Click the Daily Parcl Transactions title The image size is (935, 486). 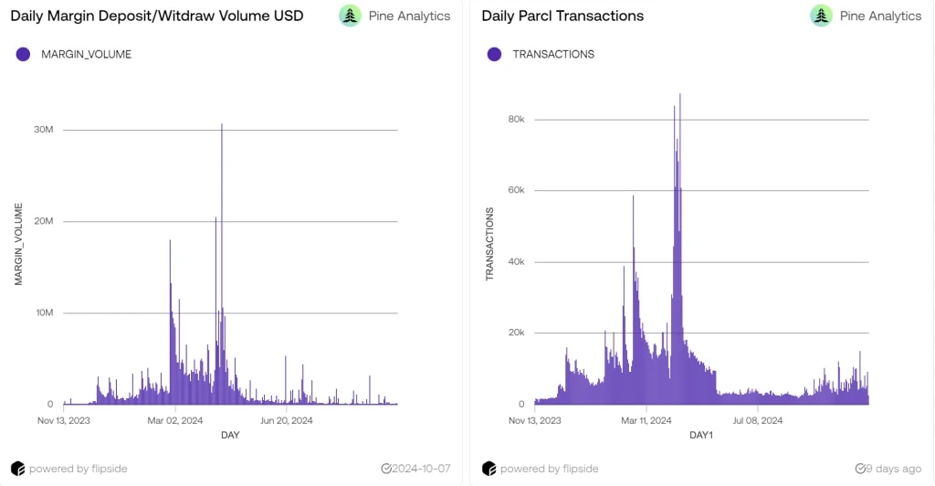pyautogui.click(x=562, y=16)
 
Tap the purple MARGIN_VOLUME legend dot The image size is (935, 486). pyautogui.click(x=24, y=54)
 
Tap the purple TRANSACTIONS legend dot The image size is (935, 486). pyautogui.click(x=494, y=54)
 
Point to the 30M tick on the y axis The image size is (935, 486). pyautogui.click(x=44, y=130)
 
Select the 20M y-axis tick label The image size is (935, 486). pyautogui.click(x=44, y=221)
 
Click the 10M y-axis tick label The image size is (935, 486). pyautogui.click(x=44, y=312)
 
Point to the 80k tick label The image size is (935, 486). pyautogui.click(x=516, y=120)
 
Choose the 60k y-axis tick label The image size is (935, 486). pyautogui.click(x=516, y=191)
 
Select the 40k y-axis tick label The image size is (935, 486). pyautogui.click(x=516, y=262)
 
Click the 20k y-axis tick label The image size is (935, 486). pyautogui.click(x=516, y=333)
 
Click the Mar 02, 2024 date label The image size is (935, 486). pyautogui.click(x=175, y=420)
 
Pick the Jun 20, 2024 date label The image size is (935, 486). pyautogui.click(x=287, y=420)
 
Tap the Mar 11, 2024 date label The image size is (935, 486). pyautogui.click(x=646, y=420)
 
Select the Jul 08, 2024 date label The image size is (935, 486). pyautogui.click(x=758, y=420)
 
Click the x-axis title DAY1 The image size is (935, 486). pyautogui.click(x=701, y=435)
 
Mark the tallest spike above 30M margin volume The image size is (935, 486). pyautogui.click(x=222, y=125)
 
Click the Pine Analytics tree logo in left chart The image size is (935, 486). pyautogui.click(x=350, y=16)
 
